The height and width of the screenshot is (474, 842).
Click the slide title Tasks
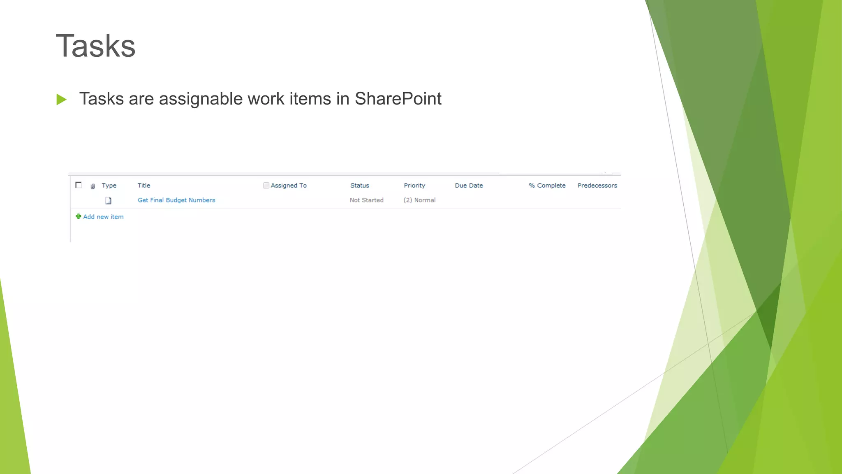pos(95,46)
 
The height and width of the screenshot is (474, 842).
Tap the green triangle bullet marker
pos(61,99)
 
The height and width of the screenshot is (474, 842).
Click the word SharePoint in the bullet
pos(398,99)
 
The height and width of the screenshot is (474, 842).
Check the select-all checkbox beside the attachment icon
pos(79,185)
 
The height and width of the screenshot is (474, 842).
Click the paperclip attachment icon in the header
pos(93,186)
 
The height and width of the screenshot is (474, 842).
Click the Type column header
pos(109,186)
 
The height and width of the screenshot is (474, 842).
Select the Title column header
pos(144,186)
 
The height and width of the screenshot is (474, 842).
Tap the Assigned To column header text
pos(289,186)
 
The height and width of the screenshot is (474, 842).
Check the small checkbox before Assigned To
pos(266,186)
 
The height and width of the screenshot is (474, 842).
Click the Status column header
pos(360,186)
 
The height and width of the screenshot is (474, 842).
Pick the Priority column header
pos(414,186)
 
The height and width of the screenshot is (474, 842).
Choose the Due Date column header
pos(469,186)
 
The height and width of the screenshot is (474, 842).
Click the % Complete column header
pos(547,186)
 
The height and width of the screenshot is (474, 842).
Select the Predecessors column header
pos(597,186)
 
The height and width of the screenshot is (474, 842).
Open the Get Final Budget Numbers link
pos(176,200)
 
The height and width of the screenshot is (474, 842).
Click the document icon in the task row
pos(109,201)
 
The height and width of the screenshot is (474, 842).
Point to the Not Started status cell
pos(367,200)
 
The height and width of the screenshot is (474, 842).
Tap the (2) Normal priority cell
pos(419,200)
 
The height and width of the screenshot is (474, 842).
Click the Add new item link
pos(103,217)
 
